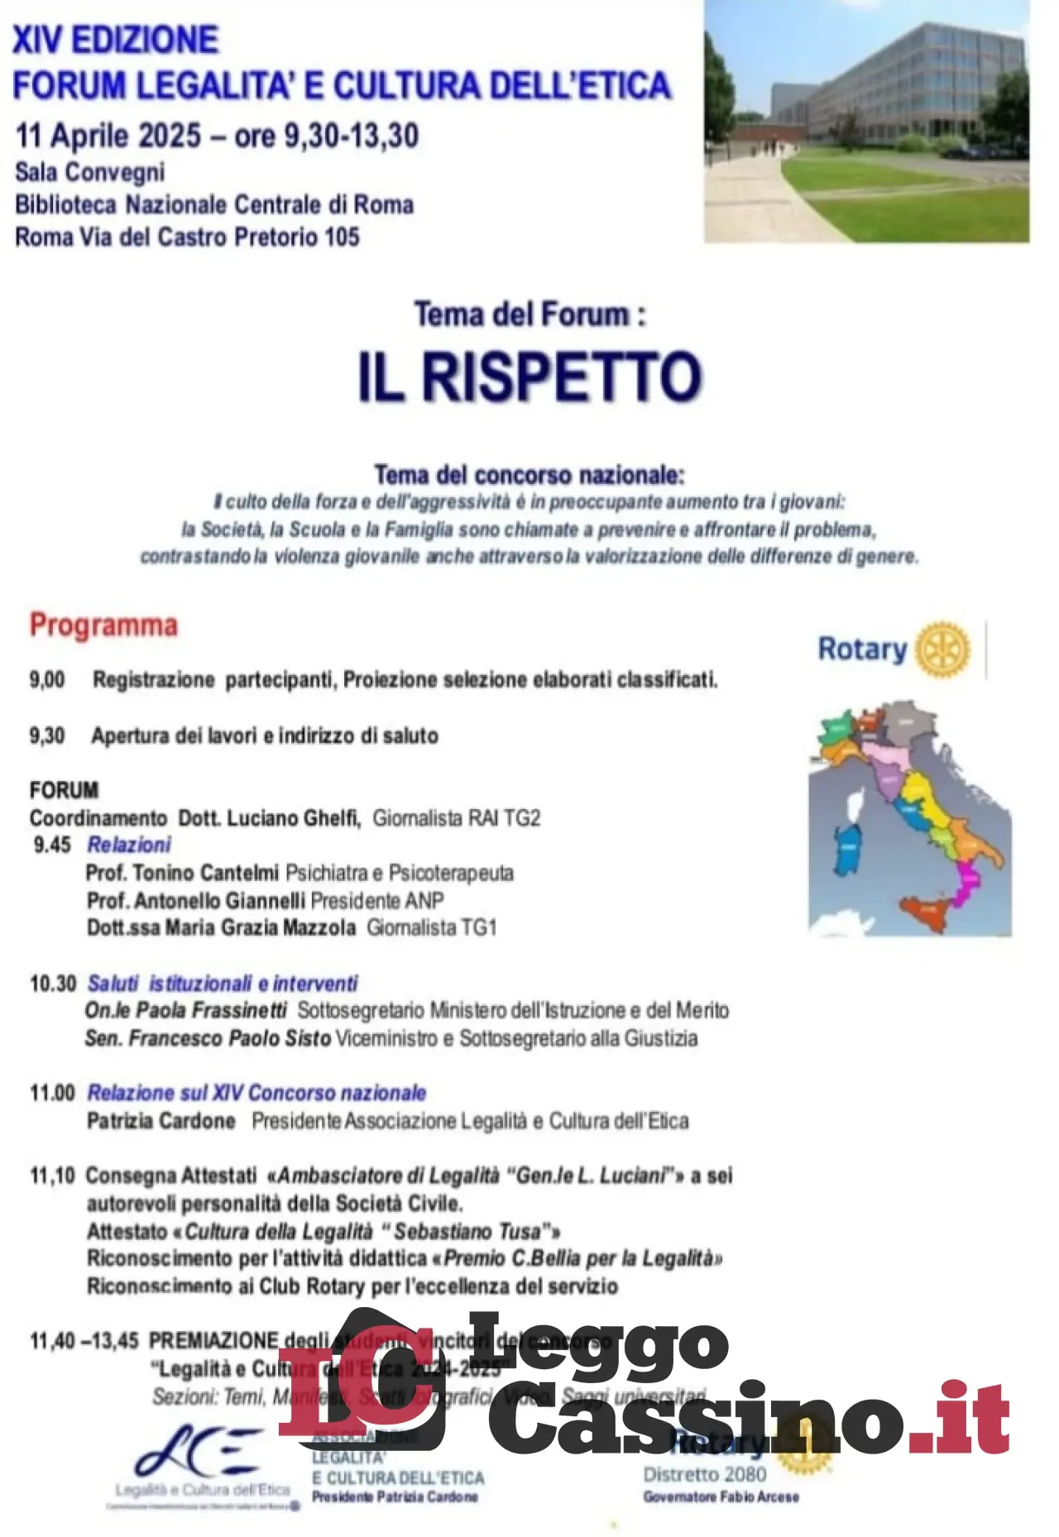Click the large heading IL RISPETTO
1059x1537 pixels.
click(x=529, y=377)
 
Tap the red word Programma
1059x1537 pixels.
click(x=103, y=625)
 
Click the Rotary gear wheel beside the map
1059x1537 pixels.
click(x=942, y=649)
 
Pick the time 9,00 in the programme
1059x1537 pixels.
click(x=47, y=680)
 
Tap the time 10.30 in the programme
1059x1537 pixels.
click(x=53, y=984)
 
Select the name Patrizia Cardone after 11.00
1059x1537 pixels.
click(x=161, y=1121)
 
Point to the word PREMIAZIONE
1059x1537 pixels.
click(x=213, y=1340)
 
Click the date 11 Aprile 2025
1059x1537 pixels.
click(x=108, y=136)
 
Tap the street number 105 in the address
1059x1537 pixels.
click(x=342, y=237)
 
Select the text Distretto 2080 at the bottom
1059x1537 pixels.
click(x=705, y=1474)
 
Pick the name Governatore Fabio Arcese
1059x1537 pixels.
click(x=721, y=1497)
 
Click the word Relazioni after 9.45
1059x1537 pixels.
click(x=129, y=845)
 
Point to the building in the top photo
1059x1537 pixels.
click(x=894, y=91)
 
